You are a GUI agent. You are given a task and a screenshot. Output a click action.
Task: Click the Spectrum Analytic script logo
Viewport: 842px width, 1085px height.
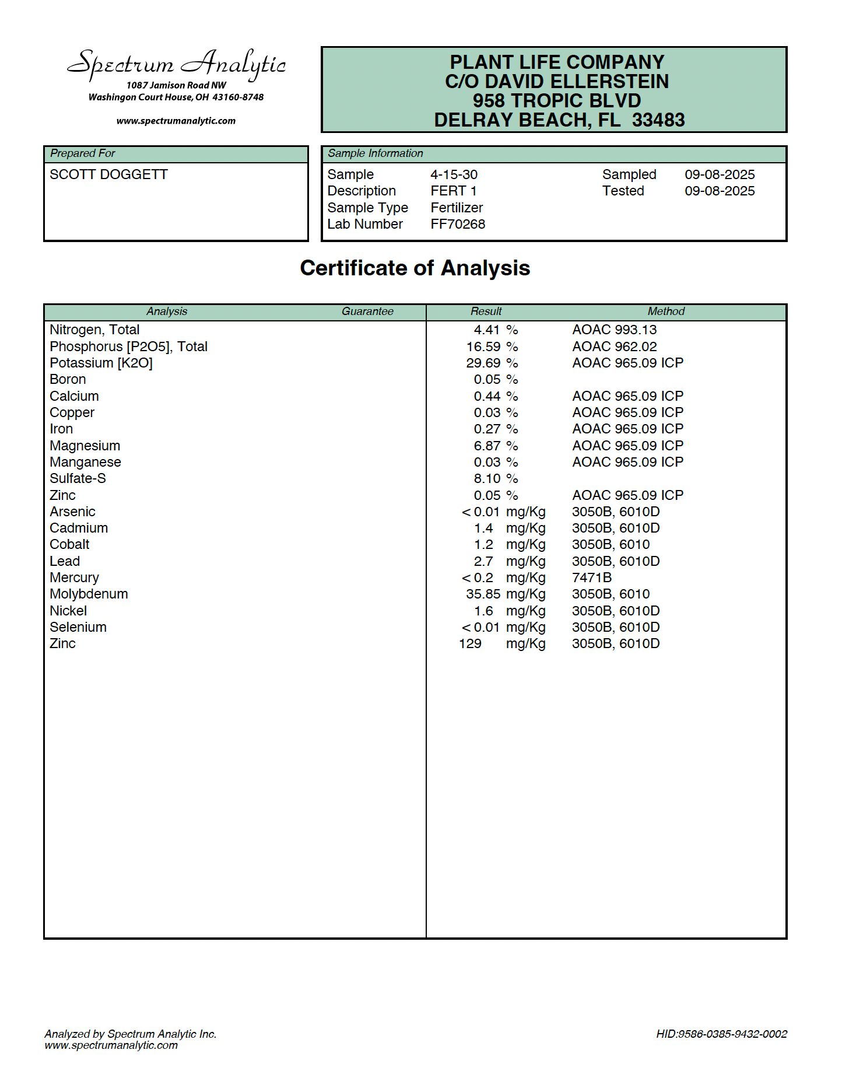point(176,64)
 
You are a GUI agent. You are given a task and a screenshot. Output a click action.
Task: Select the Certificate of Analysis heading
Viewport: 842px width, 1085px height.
point(415,268)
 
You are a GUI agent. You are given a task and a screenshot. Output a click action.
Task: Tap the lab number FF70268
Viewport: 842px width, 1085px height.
point(458,224)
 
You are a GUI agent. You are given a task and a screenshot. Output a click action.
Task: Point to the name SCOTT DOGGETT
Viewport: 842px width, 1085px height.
point(108,174)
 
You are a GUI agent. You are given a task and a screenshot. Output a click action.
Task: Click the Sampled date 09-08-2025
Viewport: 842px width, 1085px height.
point(720,174)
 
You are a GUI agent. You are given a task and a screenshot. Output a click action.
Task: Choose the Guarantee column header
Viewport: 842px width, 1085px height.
point(367,311)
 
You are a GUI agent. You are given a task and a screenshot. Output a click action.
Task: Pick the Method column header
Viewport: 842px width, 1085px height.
point(666,311)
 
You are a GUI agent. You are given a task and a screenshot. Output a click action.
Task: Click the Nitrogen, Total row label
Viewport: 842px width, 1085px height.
point(94,330)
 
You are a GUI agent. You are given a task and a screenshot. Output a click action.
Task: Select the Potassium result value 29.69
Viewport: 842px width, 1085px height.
point(483,363)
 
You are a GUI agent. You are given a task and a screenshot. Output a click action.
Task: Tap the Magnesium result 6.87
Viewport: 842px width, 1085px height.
point(487,446)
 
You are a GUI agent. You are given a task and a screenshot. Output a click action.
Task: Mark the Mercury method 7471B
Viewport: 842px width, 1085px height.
point(592,577)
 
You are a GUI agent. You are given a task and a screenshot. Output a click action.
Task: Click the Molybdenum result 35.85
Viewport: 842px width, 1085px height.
point(483,594)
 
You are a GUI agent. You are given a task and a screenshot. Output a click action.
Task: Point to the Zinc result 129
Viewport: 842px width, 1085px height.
point(470,643)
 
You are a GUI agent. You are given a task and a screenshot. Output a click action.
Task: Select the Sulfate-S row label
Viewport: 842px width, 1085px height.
point(78,478)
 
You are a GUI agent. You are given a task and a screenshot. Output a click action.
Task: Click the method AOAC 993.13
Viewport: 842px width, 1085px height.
point(614,330)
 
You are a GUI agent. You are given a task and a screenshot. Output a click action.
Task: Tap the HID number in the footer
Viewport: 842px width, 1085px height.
point(721,1034)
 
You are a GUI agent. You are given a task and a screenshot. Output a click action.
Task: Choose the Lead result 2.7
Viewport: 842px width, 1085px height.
point(483,561)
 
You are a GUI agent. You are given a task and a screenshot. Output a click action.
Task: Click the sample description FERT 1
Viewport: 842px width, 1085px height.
point(454,191)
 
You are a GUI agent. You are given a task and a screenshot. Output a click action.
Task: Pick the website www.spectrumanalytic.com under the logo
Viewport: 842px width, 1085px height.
point(176,121)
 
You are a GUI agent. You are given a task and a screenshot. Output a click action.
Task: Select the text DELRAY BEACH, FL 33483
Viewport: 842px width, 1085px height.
point(559,120)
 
